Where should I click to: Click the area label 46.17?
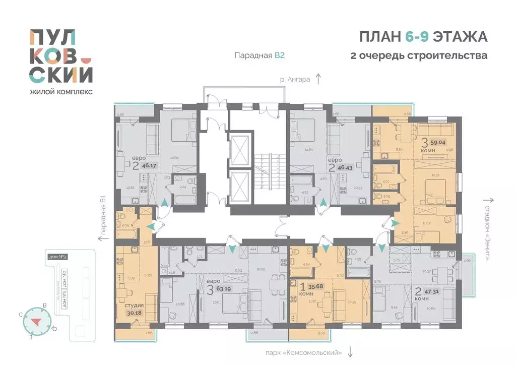[147, 164]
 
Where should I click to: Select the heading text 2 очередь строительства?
[418, 55]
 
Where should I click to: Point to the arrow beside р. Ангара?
[318, 78]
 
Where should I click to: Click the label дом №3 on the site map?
[58, 258]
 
